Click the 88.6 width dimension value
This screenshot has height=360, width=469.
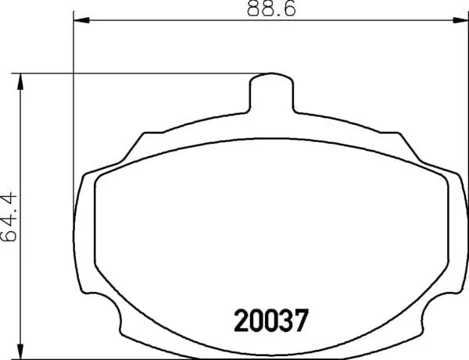coord(271,8)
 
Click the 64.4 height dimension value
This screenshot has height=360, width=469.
coord(9,216)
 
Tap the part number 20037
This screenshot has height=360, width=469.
coord(271,320)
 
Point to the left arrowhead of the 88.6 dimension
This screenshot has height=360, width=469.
coord(81,20)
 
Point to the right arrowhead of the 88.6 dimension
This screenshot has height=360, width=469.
coord(460,20)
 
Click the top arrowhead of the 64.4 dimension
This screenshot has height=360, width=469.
coord(20,81)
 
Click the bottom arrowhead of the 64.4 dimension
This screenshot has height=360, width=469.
coord(20,351)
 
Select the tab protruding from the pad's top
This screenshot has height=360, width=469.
coord(271,93)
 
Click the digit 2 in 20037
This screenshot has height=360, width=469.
coord(241,320)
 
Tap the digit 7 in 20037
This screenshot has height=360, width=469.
coord(301,320)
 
